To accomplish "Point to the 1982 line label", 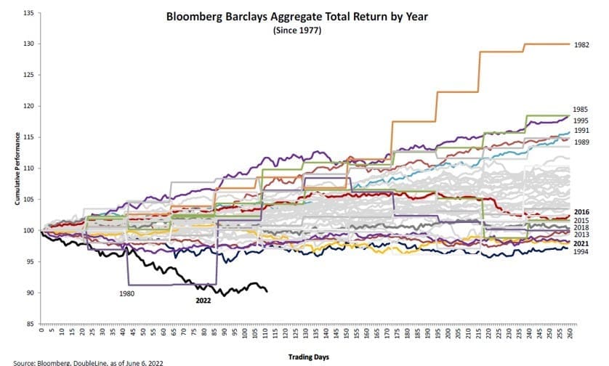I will pyautogui.click(x=581, y=44).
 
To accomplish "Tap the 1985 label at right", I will pyautogui.click(x=581, y=108).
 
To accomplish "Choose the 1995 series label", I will pyautogui.click(x=581, y=120).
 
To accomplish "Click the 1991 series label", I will pyautogui.click(x=581, y=131).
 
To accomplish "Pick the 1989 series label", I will pyautogui.click(x=581, y=143).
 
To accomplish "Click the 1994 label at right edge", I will pyautogui.click(x=581, y=251).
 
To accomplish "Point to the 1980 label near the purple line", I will pyautogui.click(x=128, y=294).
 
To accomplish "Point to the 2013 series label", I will pyautogui.click(x=581, y=235).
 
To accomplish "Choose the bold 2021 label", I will pyautogui.click(x=581, y=243).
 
